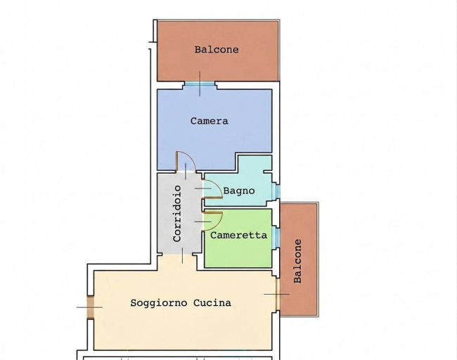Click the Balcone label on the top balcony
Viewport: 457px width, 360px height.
coord(217,49)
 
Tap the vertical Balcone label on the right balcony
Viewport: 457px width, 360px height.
coord(297,261)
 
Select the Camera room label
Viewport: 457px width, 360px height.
coord(210,121)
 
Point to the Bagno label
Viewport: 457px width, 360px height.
coord(239,191)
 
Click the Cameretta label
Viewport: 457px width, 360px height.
coord(239,236)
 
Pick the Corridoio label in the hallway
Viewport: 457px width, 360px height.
coord(177,214)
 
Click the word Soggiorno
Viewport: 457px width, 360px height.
coord(159,303)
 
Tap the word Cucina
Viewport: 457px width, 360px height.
coord(212,303)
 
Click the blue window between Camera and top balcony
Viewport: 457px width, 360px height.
coord(200,84)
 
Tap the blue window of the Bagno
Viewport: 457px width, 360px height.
coord(276,191)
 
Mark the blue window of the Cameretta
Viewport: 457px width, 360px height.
coord(276,237)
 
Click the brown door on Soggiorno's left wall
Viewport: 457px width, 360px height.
coord(91,307)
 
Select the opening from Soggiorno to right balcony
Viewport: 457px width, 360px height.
coord(278,295)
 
